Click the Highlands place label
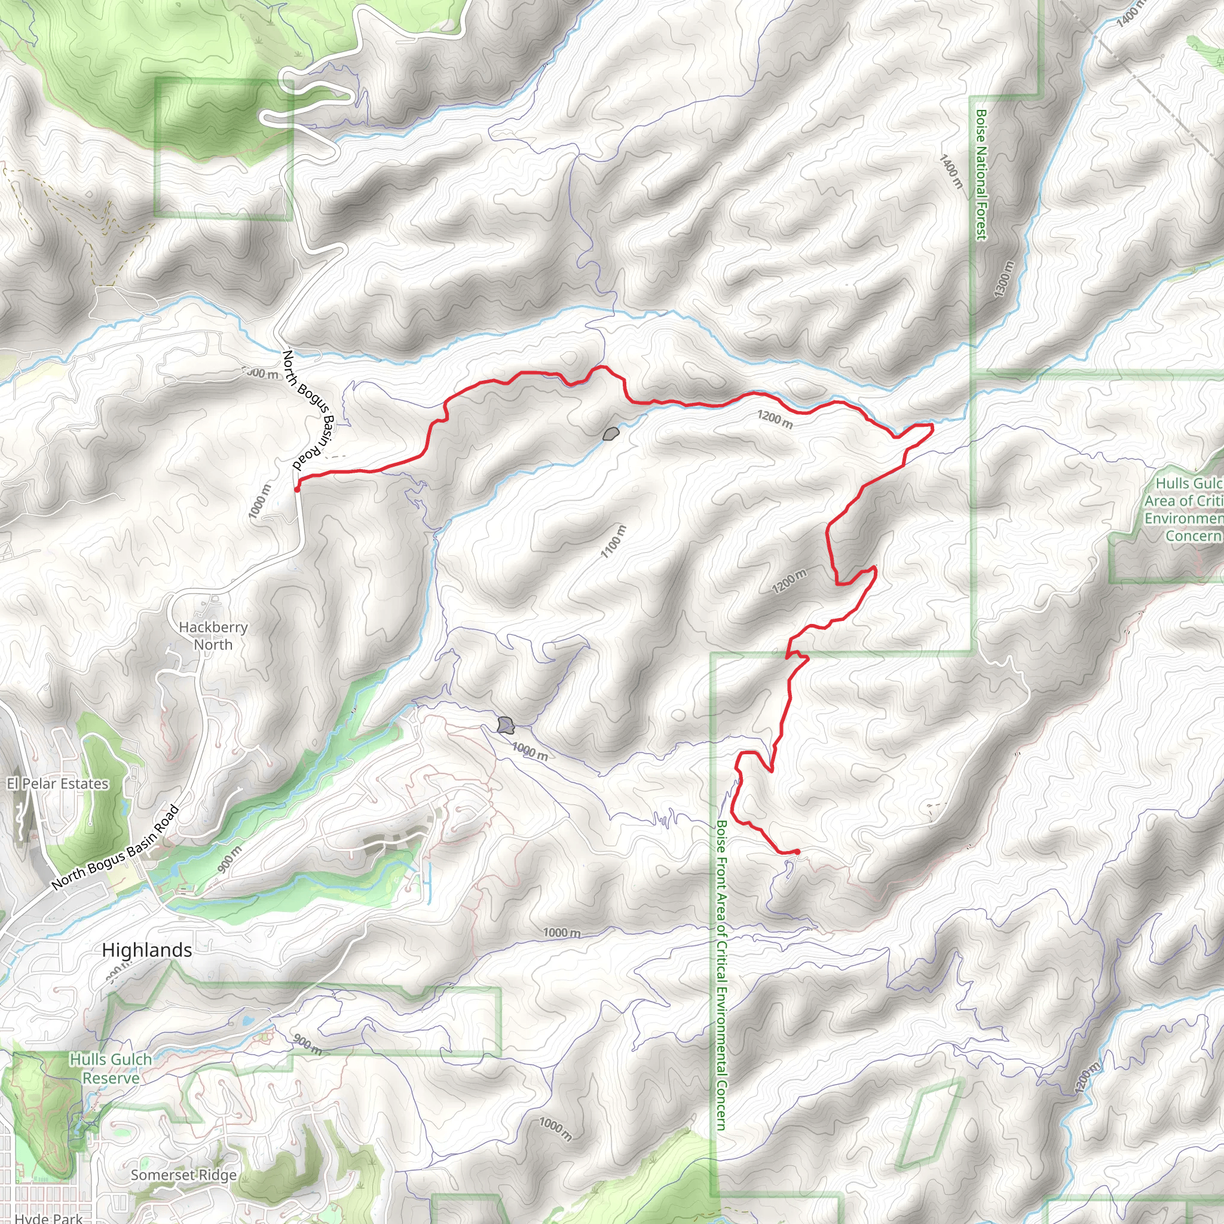tap(147, 950)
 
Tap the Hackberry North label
tap(213, 636)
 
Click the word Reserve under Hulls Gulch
tap(111, 1078)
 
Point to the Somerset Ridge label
tap(183, 1175)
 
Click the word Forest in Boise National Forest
tap(981, 219)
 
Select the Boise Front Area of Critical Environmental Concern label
tap(721, 975)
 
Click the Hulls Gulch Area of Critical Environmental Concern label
tap(1183, 509)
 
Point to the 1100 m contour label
tap(613, 541)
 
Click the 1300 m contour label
tap(1003, 279)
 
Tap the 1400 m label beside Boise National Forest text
tap(951, 172)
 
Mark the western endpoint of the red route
tap(296, 489)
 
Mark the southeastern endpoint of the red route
tap(797, 852)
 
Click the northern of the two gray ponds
tap(611, 434)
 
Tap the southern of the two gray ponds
tap(504, 724)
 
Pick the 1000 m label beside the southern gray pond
tap(530, 751)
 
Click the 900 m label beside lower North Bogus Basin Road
tap(229, 859)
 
